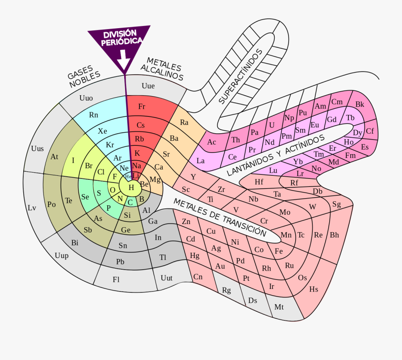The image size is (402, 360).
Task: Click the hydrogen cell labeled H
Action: [x=131, y=188]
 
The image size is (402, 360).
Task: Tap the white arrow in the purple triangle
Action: [x=124, y=59]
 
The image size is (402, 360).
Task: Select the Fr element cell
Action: [x=142, y=106]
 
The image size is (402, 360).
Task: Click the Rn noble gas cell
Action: [x=94, y=115]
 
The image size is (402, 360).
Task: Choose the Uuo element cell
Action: [x=86, y=98]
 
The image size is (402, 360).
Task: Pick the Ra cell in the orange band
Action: [x=184, y=122]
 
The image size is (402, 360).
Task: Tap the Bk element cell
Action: [x=360, y=105]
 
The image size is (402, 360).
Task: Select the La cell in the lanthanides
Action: [x=201, y=161]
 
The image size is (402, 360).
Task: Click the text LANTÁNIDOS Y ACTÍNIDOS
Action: [x=276, y=155]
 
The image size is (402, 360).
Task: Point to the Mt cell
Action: [x=279, y=307]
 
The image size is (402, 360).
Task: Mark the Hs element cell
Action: [x=314, y=289]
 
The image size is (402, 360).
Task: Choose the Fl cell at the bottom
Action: [x=116, y=280]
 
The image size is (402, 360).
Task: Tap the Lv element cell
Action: [x=32, y=208]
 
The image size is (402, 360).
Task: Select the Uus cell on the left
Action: [x=38, y=148]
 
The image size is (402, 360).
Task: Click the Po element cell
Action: [x=51, y=204]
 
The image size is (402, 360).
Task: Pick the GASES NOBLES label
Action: [x=83, y=77]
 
